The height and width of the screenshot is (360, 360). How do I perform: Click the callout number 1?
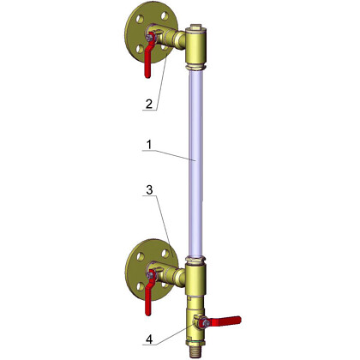click(x=149, y=145)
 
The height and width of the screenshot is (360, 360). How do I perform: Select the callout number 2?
click(x=149, y=104)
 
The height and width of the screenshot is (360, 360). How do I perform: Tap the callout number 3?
click(x=149, y=190)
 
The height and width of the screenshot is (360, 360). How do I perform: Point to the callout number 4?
click(x=149, y=339)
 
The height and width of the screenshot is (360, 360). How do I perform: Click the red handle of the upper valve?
click(x=148, y=57)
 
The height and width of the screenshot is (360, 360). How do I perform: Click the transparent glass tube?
click(x=195, y=163)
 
